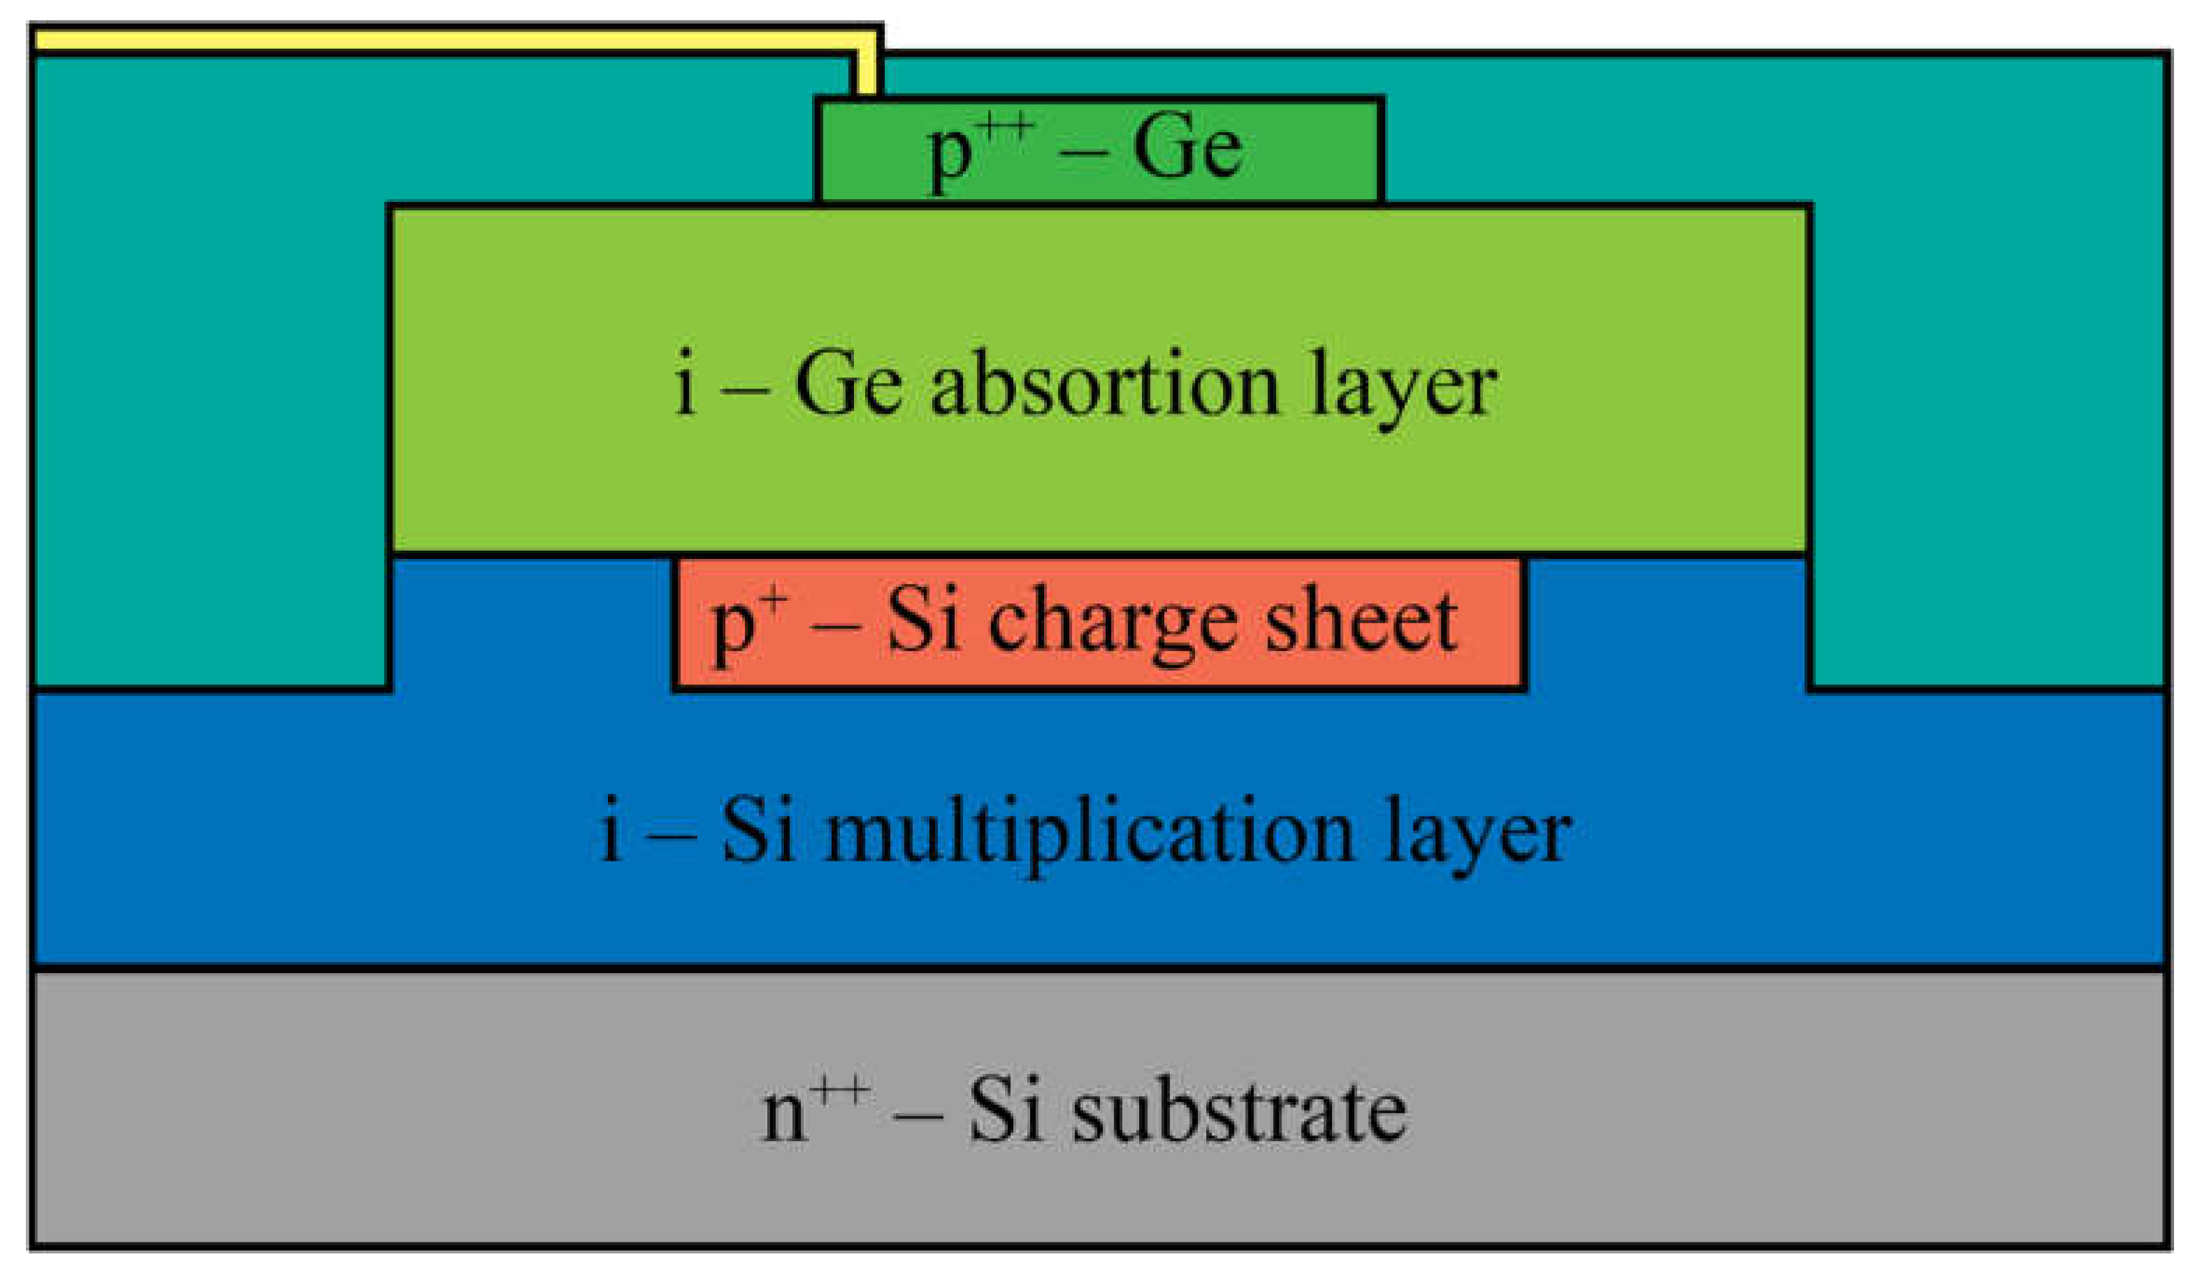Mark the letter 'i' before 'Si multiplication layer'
click(611, 831)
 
